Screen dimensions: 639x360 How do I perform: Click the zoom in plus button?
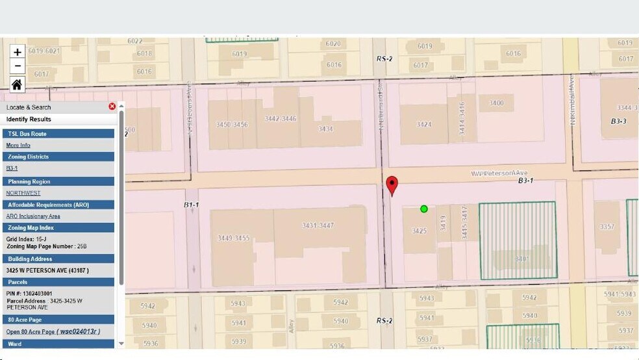[x=18, y=52]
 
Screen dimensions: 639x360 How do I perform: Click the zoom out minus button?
[x=18, y=66]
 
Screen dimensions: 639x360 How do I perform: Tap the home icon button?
[x=17, y=84]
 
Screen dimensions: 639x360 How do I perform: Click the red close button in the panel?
[x=112, y=107]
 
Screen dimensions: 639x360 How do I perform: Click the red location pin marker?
[x=392, y=185]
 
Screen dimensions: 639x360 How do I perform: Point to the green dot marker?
[x=424, y=209]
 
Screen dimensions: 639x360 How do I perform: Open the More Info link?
[x=18, y=145]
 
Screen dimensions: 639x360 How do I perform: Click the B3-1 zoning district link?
[x=12, y=168]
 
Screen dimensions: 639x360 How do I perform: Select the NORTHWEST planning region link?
[x=23, y=193]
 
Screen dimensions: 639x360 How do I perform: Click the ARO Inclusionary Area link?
[x=33, y=216]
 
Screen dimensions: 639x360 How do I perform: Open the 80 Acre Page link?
[x=53, y=331]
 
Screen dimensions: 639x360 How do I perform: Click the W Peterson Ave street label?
[x=499, y=174]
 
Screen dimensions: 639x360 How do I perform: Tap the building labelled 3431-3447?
[x=318, y=225]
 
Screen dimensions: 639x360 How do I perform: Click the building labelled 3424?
[x=424, y=124]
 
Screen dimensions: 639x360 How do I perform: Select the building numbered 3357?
[x=607, y=226]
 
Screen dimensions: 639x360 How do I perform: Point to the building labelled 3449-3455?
[x=234, y=238]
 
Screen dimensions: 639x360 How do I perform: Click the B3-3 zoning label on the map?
[x=618, y=122]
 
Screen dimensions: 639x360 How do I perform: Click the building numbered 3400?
[x=497, y=103]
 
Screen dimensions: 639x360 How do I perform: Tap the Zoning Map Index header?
[x=30, y=227]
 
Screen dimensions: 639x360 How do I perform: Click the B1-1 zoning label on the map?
[x=191, y=205]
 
